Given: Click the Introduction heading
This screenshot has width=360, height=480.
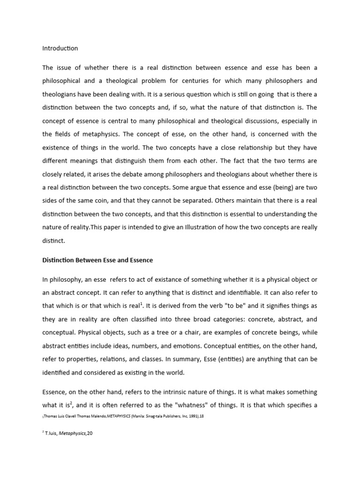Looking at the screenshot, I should point(60,48).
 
